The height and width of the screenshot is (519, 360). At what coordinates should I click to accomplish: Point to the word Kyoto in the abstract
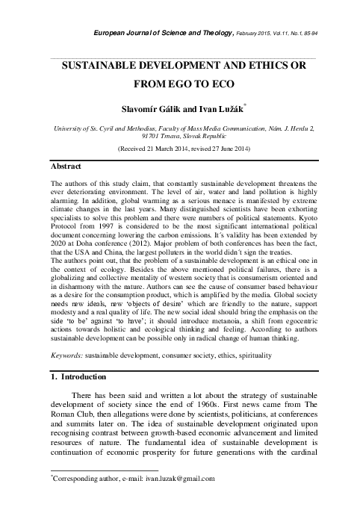[x=308, y=226]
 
